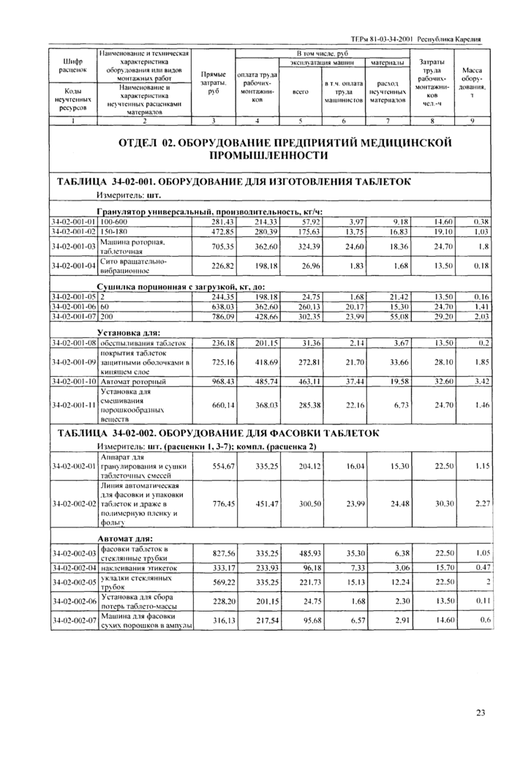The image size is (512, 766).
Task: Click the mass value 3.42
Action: tap(480, 382)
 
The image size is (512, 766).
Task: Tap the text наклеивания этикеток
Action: tap(140, 568)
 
